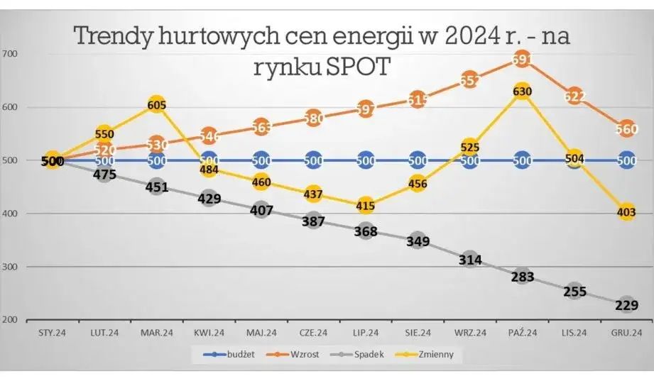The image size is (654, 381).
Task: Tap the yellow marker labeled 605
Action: pyautogui.click(x=156, y=106)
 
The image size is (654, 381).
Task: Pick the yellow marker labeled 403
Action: pyautogui.click(x=626, y=212)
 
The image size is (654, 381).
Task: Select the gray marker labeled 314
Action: pyautogui.click(x=469, y=260)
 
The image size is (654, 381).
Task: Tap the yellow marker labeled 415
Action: pyautogui.click(x=365, y=206)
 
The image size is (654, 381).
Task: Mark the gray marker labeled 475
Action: pyautogui.click(x=104, y=174)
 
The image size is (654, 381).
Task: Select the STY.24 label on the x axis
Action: pyautogui.click(x=52, y=331)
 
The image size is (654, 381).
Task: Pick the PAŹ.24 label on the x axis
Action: pyautogui.click(x=522, y=331)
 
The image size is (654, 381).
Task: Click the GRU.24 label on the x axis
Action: pyautogui.click(x=626, y=331)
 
